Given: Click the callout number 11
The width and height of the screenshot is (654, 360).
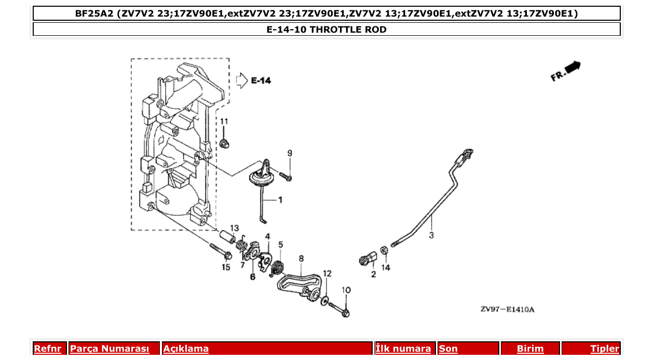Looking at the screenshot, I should tap(224, 121).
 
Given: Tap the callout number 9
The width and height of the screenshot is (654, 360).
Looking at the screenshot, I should tap(290, 153).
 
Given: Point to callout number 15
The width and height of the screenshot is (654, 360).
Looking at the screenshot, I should tap(226, 268).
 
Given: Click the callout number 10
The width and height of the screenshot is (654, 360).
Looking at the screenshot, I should tap(346, 290).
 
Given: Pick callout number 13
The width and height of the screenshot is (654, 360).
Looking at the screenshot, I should tap(235, 228).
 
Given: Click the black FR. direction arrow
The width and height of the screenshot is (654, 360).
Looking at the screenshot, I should tap(573, 67).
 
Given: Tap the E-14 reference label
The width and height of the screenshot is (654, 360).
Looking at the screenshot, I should tap(261, 80).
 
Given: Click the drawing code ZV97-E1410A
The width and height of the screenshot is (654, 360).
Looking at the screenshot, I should tap(507, 310).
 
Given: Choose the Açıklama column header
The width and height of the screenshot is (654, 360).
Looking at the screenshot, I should tap(186, 349).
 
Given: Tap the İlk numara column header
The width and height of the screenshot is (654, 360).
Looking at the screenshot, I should tap(403, 349).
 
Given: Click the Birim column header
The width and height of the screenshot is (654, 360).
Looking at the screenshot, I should tap(530, 349).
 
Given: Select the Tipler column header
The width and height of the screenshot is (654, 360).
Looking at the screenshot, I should tap(605, 349).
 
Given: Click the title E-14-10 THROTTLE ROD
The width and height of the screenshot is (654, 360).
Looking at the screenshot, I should tap(326, 30).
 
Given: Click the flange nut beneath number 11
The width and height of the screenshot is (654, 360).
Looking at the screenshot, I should tap(225, 143).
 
